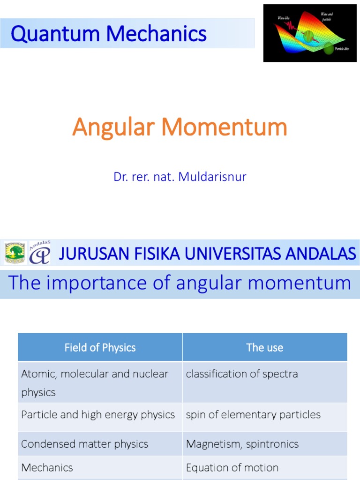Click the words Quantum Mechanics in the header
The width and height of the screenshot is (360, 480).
point(108,34)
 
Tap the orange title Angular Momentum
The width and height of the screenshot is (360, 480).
point(180,127)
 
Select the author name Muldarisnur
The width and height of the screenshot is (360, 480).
point(214,177)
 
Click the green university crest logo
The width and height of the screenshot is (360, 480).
point(15,253)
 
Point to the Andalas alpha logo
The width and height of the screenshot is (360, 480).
point(40,253)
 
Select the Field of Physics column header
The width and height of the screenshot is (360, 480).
point(100,347)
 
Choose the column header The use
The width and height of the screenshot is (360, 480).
point(265,347)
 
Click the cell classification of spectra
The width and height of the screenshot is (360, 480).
point(242,374)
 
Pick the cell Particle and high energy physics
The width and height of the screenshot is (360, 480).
point(98,415)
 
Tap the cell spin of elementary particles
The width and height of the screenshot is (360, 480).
point(253,415)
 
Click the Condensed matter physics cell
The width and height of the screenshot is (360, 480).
point(84,444)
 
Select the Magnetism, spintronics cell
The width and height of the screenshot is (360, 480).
point(242,444)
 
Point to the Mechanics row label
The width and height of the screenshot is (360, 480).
point(47,467)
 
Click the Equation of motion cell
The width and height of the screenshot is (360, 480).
point(232,467)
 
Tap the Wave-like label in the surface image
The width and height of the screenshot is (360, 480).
point(284,18)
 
